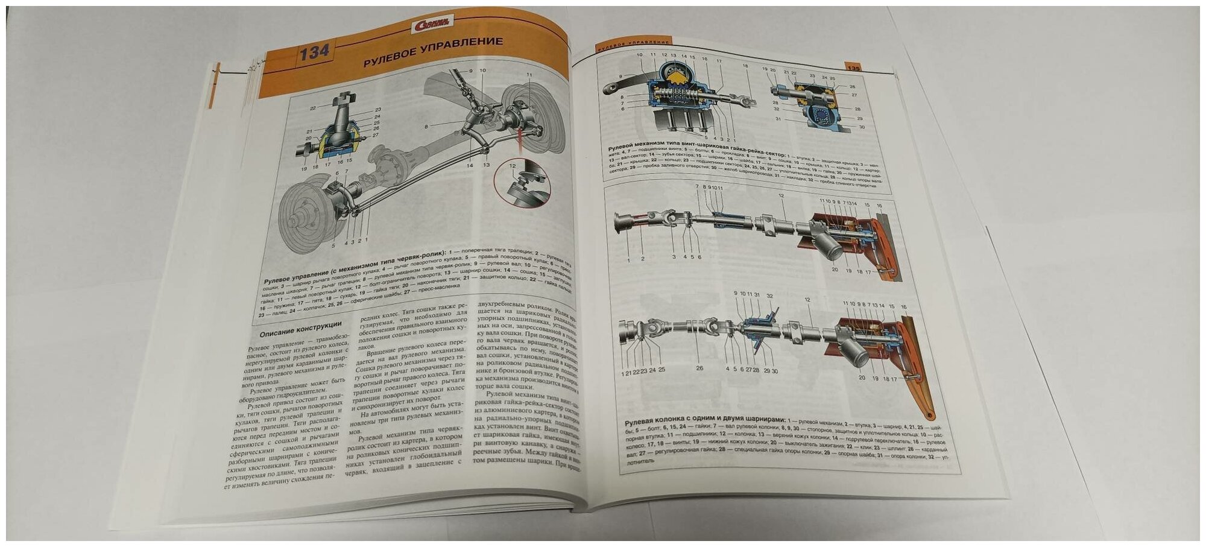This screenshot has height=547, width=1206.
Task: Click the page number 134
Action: tap(315, 52)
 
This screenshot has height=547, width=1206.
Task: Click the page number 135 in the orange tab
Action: tap(854, 68)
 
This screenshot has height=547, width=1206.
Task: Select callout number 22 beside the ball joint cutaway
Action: tap(312, 109)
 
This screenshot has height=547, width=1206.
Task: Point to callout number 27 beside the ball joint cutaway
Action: tap(375, 135)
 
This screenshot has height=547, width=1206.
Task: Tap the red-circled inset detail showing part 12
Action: tap(522, 186)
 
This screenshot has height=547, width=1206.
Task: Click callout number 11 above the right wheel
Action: tap(529, 74)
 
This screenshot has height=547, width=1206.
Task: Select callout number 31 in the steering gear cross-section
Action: tap(778, 119)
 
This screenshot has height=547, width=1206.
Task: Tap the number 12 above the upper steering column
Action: tap(781, 196)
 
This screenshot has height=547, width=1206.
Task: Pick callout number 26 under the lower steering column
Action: tap(699, 368)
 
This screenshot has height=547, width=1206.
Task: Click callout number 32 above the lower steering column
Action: tap(769, 296)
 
